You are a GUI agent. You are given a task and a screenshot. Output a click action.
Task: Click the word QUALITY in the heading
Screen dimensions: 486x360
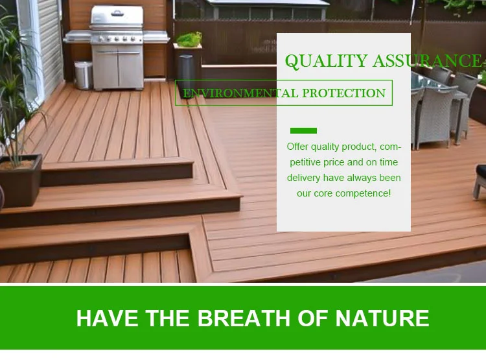pos(327,61)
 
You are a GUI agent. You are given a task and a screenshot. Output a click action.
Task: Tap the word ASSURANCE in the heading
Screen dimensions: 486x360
pos(428,60)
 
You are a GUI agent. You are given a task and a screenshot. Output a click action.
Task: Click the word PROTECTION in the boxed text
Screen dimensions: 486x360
pos(343,93)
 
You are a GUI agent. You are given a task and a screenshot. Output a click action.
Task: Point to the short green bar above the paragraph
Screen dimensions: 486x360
pos(303,130)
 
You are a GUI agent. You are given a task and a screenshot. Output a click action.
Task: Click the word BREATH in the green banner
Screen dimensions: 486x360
pos(245,318)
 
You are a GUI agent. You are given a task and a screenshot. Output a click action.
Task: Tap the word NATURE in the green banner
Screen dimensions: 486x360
pos(382,318)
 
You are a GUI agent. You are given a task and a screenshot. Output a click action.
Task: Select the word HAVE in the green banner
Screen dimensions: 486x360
pos(107,318)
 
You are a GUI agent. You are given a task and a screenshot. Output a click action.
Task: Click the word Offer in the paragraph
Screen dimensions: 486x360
pos(297,147)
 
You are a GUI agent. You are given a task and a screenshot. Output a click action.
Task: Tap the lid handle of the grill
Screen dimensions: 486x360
pos(117,14)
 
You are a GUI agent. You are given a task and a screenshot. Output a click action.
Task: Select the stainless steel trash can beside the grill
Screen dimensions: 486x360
pos(84,75)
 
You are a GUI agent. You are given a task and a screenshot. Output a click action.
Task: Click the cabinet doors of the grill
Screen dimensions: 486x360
pos(118,69)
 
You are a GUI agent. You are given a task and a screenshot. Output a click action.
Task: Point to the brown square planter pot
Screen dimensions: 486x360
pos(21,180)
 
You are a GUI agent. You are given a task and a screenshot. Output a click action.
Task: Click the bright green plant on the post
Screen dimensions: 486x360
pos(189,40)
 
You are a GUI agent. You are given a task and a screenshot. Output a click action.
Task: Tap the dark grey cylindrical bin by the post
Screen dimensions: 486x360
pos(185,72)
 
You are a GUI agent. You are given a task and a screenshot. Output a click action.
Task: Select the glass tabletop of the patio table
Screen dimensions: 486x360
pos(435,83)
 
